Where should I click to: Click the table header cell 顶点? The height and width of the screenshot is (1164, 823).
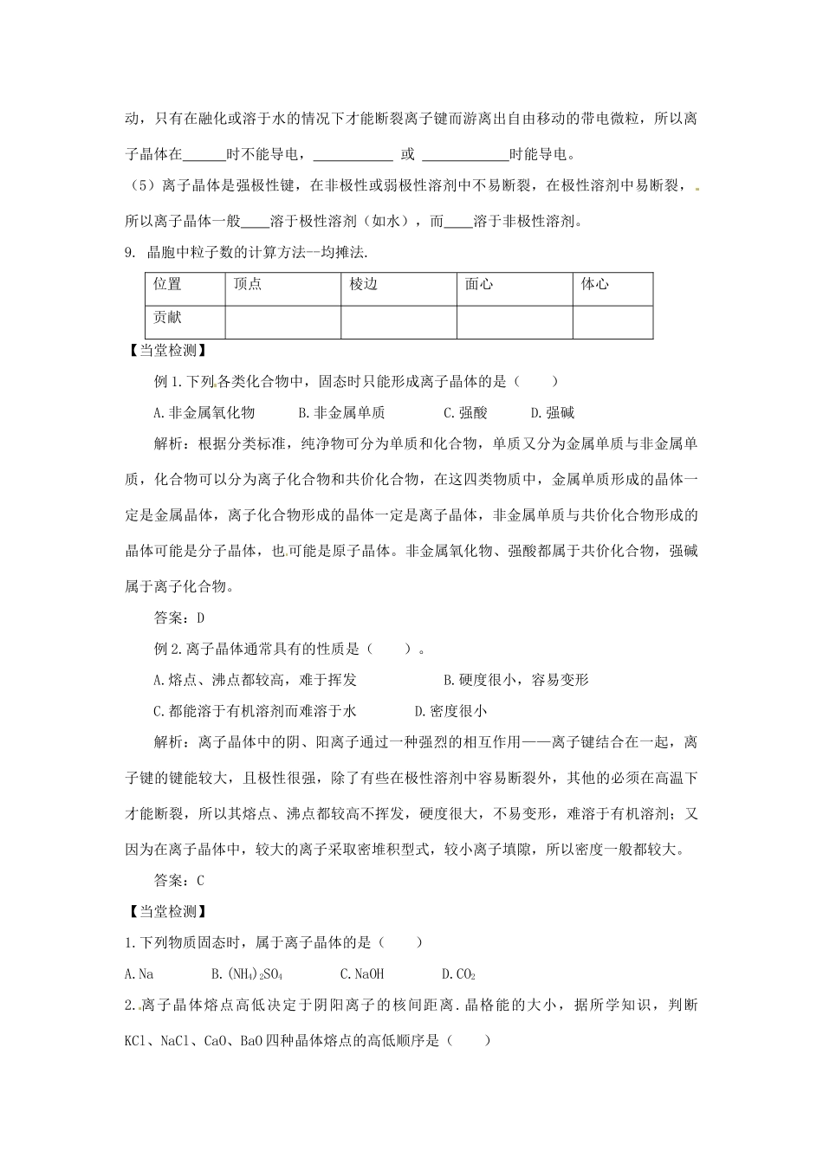pos(248,284)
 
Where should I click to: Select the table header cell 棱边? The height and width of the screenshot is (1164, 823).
pos(364,284)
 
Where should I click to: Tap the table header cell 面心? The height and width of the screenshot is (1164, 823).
pos(479,284)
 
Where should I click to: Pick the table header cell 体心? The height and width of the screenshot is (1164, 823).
pos(595,284)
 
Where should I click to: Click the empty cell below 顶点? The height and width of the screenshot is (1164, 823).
pos(282,320)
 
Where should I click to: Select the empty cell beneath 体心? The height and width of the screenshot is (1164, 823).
pos(612,320)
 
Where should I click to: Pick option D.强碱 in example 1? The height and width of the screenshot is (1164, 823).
pos(553,412)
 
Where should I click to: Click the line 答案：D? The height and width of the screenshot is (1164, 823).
pos(178,618)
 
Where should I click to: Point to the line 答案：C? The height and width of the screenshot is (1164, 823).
pos(178,880)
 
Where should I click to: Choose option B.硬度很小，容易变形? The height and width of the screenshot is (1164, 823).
pos(515,680)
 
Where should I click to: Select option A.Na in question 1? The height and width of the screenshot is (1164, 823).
pos(139,973)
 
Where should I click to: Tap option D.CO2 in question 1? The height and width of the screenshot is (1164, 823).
pos(458,973)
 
